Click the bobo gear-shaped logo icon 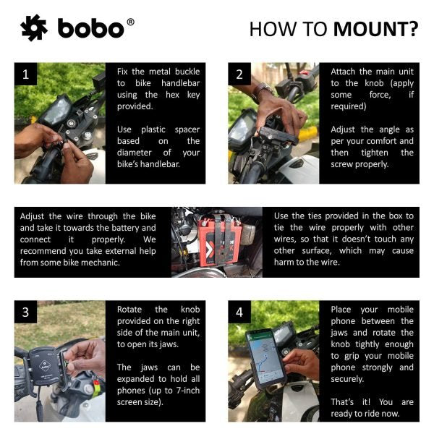coord(33,28)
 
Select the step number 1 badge coord(26,74)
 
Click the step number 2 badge coord(239,74)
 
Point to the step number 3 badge coord(26,312)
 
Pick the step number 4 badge coord(239,312)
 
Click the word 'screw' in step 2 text coord(344,164)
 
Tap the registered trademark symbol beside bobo coord(130,22)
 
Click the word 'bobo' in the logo coord(90,30)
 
